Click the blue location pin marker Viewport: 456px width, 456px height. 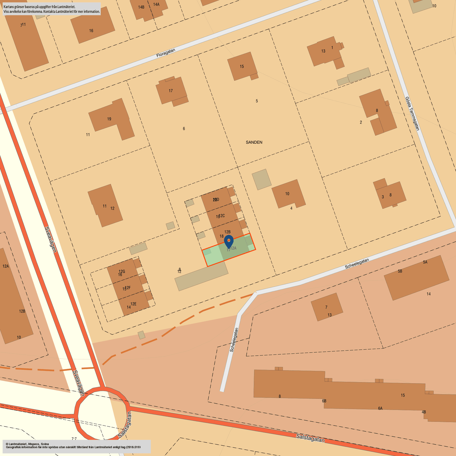229,241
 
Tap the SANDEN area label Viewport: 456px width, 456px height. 254,142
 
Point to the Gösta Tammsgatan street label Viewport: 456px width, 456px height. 412,113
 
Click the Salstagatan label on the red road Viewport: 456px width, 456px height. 310,438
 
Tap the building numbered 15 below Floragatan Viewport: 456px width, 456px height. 242,66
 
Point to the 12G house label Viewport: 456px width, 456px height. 122,271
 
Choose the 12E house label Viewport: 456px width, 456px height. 133,304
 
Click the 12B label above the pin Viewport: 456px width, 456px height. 227,232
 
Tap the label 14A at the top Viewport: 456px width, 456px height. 156,4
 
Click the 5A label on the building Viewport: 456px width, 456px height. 425,262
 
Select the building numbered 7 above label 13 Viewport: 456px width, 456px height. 326,307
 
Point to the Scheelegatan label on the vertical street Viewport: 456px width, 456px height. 234,340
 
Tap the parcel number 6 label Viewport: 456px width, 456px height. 184,129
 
